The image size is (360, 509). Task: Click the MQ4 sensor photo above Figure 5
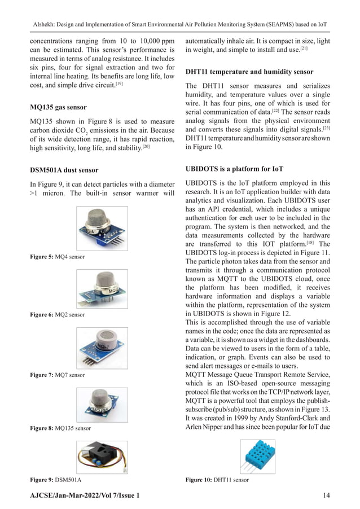(x=102, y=229)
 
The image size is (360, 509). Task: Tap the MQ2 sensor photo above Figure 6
(x=102, y=288)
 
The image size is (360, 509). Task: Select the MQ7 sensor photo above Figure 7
(x=102, y=347)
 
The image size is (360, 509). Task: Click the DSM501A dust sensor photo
(x=102, y=457)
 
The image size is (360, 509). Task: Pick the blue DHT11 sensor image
(x=259, y=457)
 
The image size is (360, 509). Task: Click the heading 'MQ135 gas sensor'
(x=58, y=107)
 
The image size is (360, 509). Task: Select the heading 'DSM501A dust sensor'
(x=64, y=170)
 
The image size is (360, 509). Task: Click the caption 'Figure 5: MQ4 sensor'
(x=57, y=257)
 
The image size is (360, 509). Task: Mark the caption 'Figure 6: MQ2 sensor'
(x=57, y=315)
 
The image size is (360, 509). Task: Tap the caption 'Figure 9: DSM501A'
(x=55, y=480)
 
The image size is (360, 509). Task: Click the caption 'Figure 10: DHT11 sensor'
(x=217, y=480)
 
